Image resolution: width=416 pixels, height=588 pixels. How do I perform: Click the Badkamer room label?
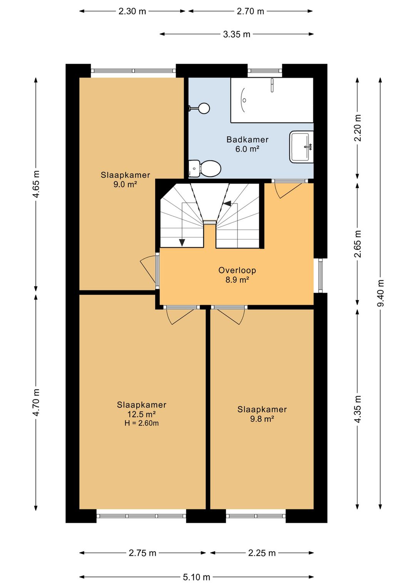(x=248, y=139)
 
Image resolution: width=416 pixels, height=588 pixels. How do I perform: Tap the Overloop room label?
(x=237, y=270)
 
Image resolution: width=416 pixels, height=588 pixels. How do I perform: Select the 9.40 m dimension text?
(x=380, y=293)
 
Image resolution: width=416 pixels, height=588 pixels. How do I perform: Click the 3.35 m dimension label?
(x=237, y=34)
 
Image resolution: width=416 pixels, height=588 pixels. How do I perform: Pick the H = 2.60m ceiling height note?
(x=141, y=423)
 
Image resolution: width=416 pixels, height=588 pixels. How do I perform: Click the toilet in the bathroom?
(x=205, y=168)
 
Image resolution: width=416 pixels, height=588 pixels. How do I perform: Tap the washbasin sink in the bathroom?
(x=302, y=147)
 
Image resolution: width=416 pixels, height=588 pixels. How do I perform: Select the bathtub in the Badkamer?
(x=272, y=100)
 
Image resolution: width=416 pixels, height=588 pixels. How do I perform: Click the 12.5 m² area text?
(x=141, y=414)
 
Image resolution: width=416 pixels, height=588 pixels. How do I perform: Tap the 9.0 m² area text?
(x=125, y=184)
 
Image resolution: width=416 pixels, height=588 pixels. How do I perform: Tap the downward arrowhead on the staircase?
(x=182, y=243)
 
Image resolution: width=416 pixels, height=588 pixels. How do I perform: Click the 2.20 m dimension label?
(x=358, y=128)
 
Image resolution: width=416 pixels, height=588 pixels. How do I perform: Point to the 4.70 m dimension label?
(x=36, y=402)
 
